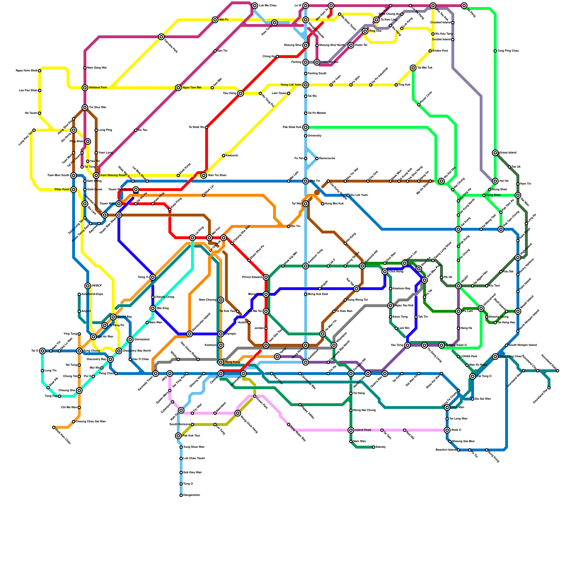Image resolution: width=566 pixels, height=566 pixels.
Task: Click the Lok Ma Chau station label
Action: pyautogui.click(x=267, y=6)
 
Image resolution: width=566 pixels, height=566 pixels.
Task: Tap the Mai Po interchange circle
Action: pyautogui.click(x=215, y=20)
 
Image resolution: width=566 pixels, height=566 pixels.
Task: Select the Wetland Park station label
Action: pyautogui.click(x=98, y=88)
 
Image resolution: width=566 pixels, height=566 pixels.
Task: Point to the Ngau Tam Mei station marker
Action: pyautogui.click(x=178, y=88)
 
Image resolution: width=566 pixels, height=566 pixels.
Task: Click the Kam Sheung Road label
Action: pyautogui.click(x=113, y=175)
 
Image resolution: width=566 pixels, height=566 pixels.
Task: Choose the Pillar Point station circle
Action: pyautogui.click(x=74, y=190)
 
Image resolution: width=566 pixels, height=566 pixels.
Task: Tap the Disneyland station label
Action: pyautogui.click(x=141, y=340)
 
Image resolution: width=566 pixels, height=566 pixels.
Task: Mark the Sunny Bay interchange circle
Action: pyautogui.click(x=113, y=317)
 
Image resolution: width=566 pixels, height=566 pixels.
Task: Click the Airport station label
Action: pyautogui.click(x=86, y=311)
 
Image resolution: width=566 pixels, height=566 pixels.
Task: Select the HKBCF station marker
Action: pyautogui.click(x=88, y=286)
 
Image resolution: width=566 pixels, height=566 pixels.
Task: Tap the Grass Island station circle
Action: pyautogui.click(x=495, y=153)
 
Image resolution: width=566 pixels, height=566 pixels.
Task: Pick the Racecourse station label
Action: pyautogui.click(x=327, y=158)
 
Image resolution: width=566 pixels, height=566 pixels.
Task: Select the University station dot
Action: pyautogui.click(x=306, y=136)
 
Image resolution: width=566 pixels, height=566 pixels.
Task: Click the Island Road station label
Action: pyautogui.click(x=363, y=430)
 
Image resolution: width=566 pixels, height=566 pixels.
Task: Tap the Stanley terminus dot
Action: pyautogui.click(x=374, y=447)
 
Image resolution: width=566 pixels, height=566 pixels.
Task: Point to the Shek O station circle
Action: pyautogui.click(x=447, y=430)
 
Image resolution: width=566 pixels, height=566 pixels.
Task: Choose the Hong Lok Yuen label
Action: pyautogui.click(x=291, y=85)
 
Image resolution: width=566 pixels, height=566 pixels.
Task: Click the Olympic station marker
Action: pyautogui.click(x=221, y=334)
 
